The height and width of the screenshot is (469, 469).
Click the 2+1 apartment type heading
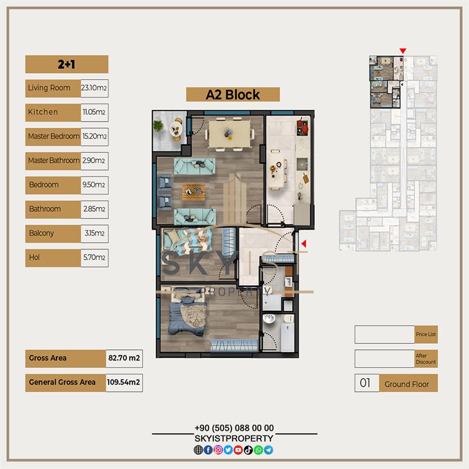click(x=66, y=65)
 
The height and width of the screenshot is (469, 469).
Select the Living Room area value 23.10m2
click(x=94, y=88)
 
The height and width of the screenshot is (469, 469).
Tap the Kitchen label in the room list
click(x=43, y=112)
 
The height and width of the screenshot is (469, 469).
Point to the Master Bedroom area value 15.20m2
click(x=94, y=136)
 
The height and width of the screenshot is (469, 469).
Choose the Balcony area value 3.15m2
click(x=94, y=233)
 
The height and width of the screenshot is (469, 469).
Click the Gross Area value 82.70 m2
click(x=124, y=358)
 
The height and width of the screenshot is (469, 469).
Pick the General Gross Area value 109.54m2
click(x=123, y=382)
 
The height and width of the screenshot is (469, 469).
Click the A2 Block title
click(x=233, y=95)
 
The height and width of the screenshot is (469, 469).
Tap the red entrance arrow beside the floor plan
click(x=304, y=244)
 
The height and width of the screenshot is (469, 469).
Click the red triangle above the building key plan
click(x=403, y=51)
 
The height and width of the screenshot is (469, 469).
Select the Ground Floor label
click(x=407, y=384)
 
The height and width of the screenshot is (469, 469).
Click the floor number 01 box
click(x=367, y=383)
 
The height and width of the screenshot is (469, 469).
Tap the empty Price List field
click(x=385, y=334)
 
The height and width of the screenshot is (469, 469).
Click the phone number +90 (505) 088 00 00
click(x=234, y=428)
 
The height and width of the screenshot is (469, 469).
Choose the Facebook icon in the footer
click(x=208, y=450)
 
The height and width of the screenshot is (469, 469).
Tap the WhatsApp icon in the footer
click(x=259, y=450)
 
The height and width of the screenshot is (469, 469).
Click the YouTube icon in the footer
click(x=238, y=450)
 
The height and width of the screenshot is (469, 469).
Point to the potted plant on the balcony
click(x=158, y=125)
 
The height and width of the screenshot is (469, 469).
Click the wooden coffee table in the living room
click(x=193, y=192)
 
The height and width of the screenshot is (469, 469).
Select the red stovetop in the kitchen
click(x=302, y=127)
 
